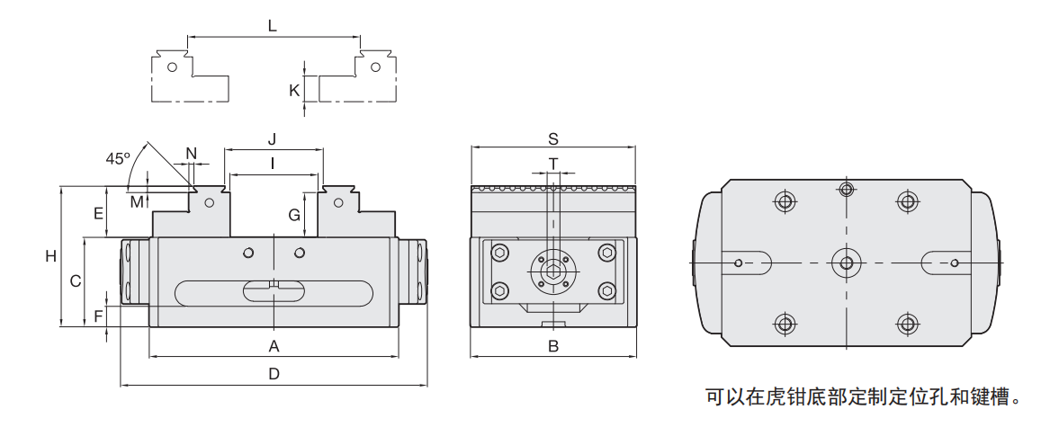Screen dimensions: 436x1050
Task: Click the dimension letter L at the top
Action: (x=272, y=26)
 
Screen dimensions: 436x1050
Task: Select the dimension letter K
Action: (x=293, y=90)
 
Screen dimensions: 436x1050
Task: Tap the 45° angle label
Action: (x=118, y=158)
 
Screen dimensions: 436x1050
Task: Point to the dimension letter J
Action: (x=272, y=138)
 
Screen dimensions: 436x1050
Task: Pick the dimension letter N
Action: (x=191, y=153)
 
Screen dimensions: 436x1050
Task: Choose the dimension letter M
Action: (x=136, y=200)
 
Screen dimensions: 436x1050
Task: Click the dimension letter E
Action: (x=99, y=213)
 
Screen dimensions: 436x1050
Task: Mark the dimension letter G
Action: (x=293, y=215)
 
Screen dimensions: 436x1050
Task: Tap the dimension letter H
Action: (x=51, y=256)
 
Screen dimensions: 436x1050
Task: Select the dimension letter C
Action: (x=76, y=280)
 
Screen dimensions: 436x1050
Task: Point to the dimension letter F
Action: (x=98, y=316)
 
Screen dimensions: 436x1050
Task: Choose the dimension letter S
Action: (x=554, y=138)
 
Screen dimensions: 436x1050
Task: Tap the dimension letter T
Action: (x=553, y=163)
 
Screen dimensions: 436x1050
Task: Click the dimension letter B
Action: (x=554, y=346)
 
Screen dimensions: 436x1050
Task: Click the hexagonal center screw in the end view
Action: (x=553, y=269)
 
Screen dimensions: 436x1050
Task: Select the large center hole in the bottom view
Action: (x=845, y=262)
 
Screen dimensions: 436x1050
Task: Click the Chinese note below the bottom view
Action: (x=864, y=396)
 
